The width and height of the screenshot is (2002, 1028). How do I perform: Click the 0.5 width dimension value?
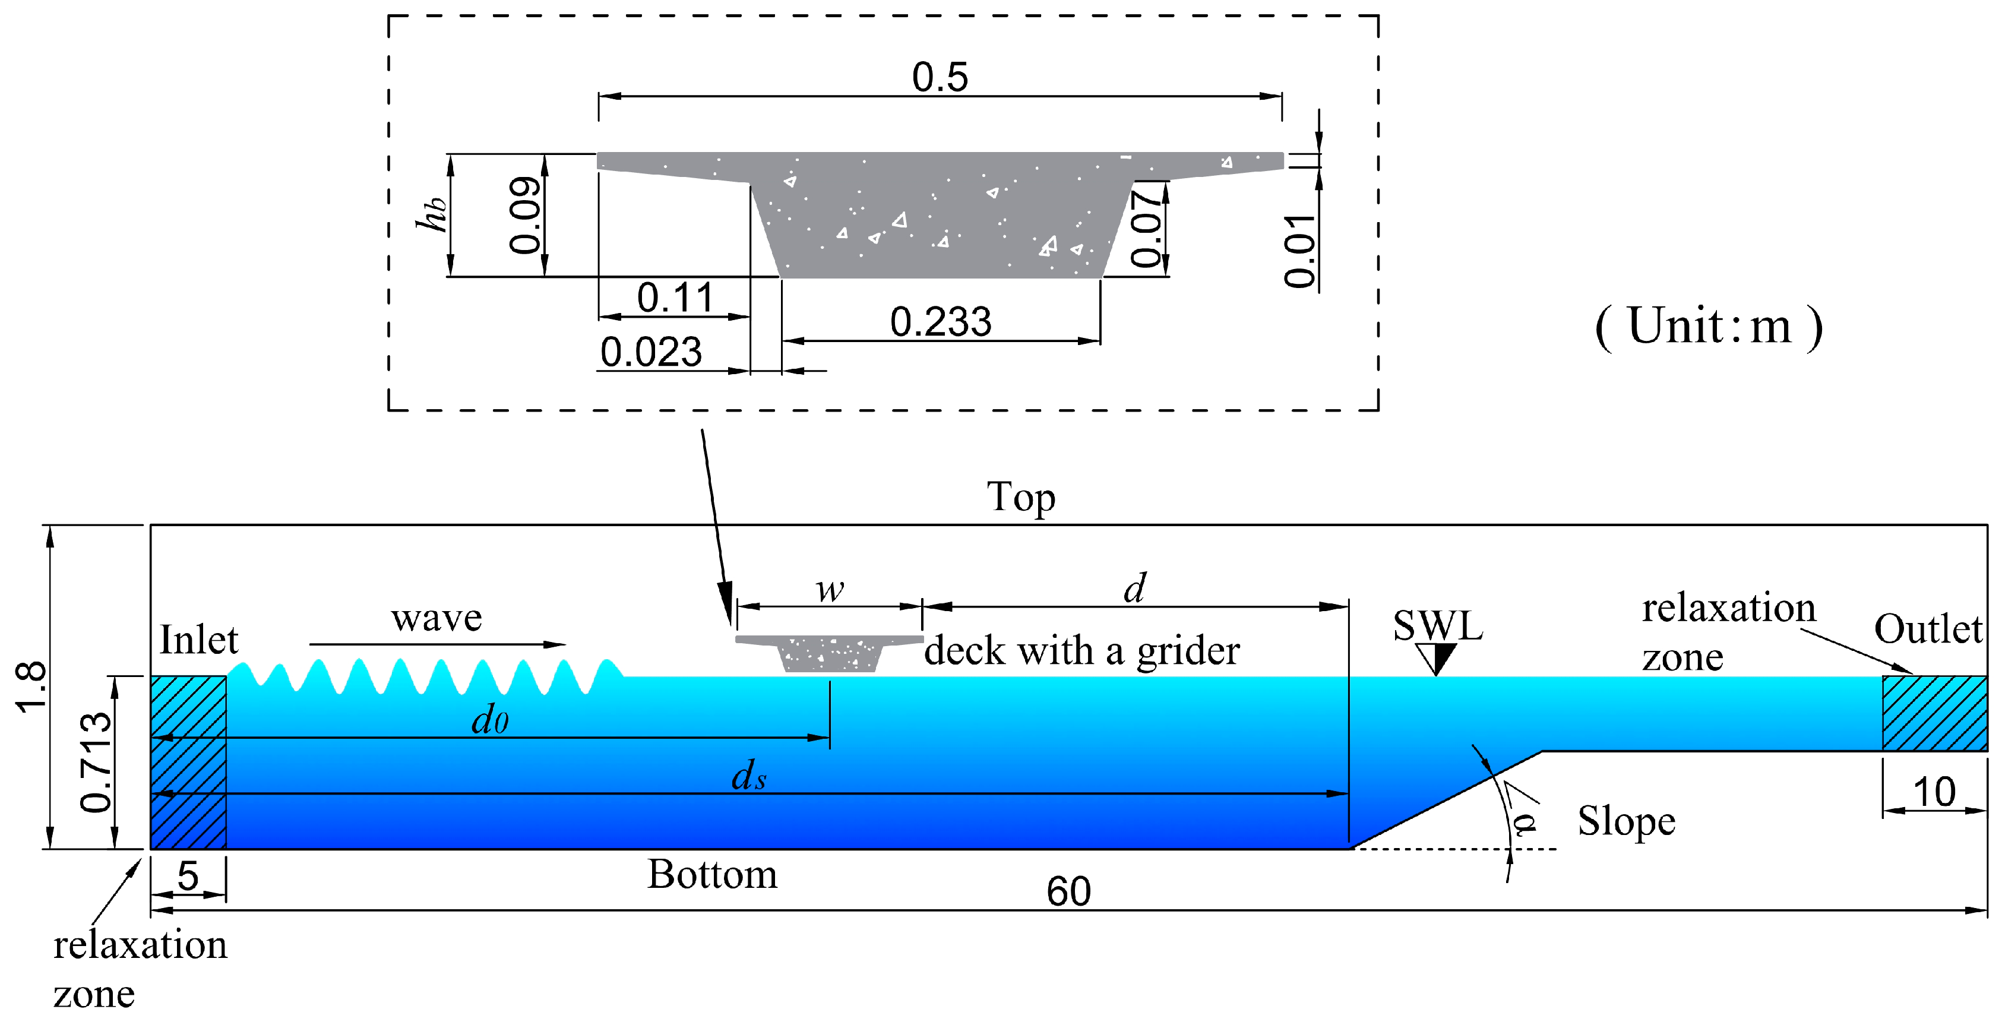(x=940, y=77)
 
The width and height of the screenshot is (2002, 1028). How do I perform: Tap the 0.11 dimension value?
(x=675, y=298)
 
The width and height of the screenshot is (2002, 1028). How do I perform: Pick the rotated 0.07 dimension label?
(x=1146, y=229)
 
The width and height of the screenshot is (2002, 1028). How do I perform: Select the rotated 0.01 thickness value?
(x=1299, y=251)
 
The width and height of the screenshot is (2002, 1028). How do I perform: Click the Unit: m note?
(x=1708, y=327)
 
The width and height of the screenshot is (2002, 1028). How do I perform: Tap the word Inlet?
(x=198, y=640)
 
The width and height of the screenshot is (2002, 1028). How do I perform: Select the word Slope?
(x=1626, y=821)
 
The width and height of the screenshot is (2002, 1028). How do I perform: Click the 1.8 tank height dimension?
(x=31, y=687)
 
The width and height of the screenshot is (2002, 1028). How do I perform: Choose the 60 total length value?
(x=1068, y=891)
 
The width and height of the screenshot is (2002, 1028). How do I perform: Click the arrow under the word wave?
(x=438, y=644)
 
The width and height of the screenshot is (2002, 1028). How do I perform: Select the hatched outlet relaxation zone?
(x=1934, y=713)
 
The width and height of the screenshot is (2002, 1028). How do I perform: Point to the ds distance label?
(x=748, y=776)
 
